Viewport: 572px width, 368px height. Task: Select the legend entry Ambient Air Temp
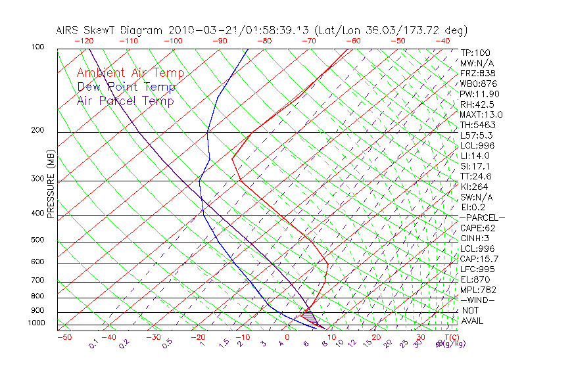[130, 73]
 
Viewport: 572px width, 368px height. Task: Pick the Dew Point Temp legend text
[126, 87]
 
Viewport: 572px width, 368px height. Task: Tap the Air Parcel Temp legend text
[125, 101]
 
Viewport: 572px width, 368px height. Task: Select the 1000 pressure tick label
[37, 323]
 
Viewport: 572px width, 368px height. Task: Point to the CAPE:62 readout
[477, 228]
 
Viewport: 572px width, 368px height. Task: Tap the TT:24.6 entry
[475, 176]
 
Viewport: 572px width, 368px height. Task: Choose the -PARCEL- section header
[482, 218]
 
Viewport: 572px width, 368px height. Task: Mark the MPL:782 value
[477, 290]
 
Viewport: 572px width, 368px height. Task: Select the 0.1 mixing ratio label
[93, 344]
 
